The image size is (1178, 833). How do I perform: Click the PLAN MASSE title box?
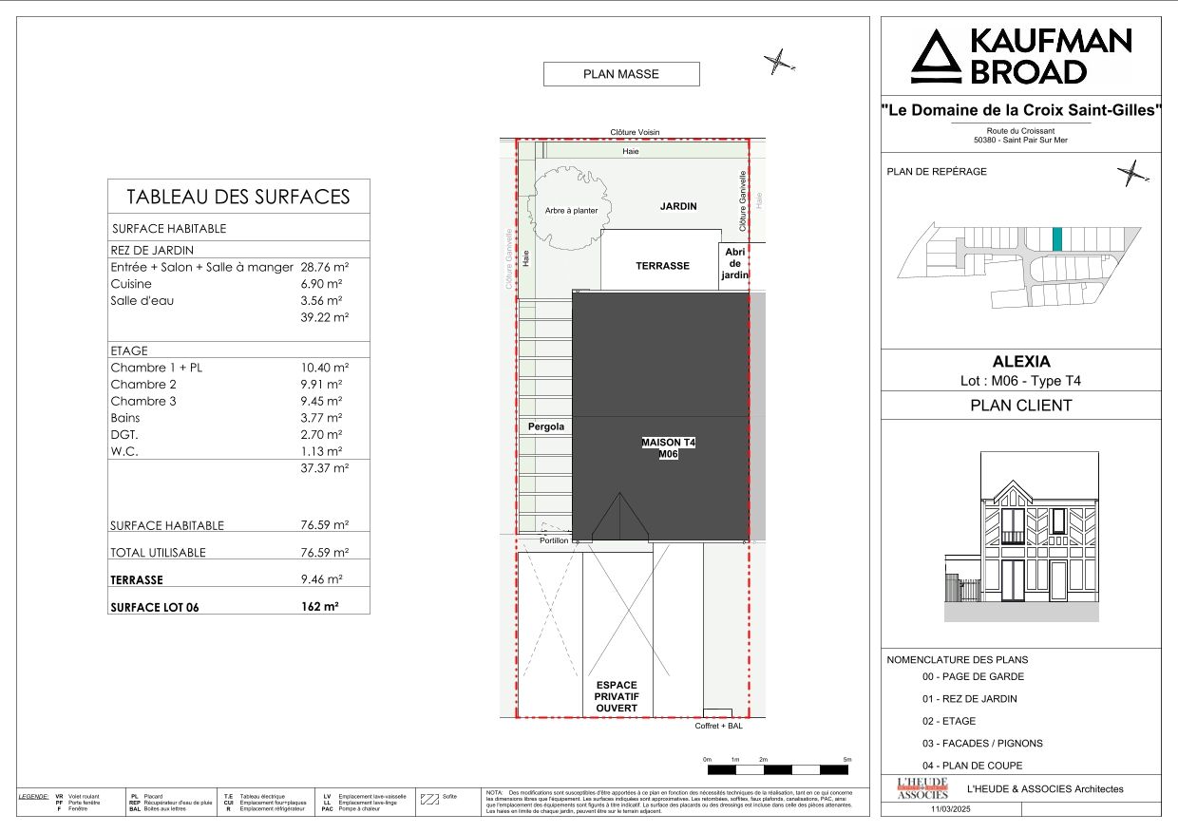[x=620, y=74]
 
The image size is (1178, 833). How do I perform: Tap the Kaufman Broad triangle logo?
[x=936, y=57]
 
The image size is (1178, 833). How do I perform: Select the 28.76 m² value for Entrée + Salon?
[x=324, y=268]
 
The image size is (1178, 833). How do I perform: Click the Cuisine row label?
[x=131, y=284]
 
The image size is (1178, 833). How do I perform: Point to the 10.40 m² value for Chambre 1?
[x=324, y=368]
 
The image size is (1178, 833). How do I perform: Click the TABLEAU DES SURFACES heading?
[x=238, y=197]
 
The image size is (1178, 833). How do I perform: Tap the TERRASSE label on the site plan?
[x=662, y=266]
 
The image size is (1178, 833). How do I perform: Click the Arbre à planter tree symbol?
[x=566, y=209]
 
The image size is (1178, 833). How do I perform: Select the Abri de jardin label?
[x=734, y=263]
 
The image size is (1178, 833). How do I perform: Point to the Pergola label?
[x=545, y=427]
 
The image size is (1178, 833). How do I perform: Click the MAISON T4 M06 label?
[x=669, y=448]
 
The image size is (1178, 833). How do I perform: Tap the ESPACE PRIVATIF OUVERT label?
[x=616, y=697]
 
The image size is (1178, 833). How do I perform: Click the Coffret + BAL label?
[x=717, y=726]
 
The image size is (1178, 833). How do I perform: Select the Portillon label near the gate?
[x=553, y=540]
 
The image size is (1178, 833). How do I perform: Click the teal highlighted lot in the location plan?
[x=1057, y=238]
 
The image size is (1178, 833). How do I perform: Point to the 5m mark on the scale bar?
[x=847, y=760]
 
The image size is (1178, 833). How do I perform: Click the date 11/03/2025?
[x=951, y=809]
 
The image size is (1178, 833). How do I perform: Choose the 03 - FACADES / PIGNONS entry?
[x=981, y=743]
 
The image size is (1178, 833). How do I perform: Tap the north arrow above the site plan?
[x=778, y=63]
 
